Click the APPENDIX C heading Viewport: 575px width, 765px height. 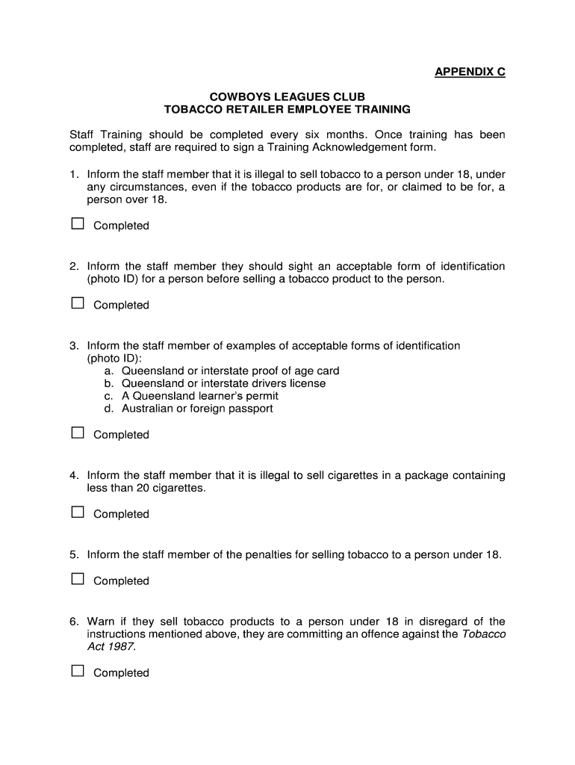(470, 72)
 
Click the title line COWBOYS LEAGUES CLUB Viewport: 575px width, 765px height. (287, 97)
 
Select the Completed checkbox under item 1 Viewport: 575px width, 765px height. (77, 224)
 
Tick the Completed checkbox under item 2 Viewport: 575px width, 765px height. (77, 303)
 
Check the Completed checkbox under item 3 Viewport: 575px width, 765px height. (77, 433)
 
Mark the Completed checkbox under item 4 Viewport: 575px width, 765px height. (77, 512)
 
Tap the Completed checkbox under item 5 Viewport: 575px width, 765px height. (77, 580)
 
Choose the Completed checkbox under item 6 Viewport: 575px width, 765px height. (77, 672)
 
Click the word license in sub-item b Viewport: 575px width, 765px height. (308, 383)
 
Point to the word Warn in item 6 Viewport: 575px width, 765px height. (100, 622)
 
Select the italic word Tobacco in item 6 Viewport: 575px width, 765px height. (484, 634)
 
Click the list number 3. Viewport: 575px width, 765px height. (74, 346)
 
